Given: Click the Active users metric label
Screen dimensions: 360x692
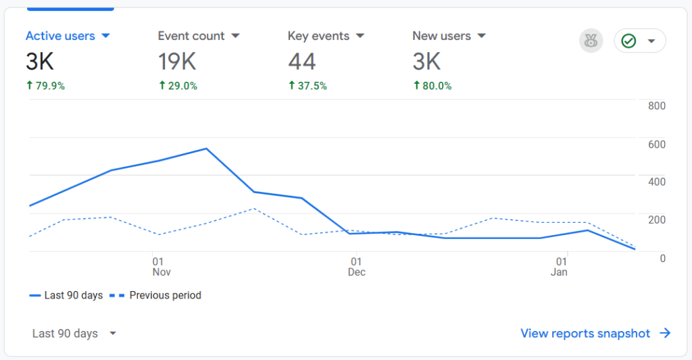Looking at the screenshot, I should (x=61, y=36).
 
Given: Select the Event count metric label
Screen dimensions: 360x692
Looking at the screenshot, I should (x=191, y=36).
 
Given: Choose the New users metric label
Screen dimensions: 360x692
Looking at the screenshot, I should (x=442, y=36).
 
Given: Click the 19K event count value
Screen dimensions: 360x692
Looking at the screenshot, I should (x=177, y=62).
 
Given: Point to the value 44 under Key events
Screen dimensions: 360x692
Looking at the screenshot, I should (x=302, y=62).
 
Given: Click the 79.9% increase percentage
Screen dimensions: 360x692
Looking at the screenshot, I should (x=46, y=86).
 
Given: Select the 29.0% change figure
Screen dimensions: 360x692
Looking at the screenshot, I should (x=178, y=86).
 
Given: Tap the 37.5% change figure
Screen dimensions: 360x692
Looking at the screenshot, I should (x=307, y=86).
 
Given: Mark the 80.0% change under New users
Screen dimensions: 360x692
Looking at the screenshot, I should (x=432, y=86).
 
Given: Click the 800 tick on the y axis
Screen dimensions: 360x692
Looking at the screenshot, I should (x=657, y=106).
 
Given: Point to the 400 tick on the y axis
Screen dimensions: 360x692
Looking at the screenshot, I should (x=657, y=182).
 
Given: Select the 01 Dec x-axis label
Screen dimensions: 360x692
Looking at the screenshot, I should (x=357, y=267).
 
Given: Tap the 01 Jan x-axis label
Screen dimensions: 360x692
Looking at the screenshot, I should (x=560, y=267).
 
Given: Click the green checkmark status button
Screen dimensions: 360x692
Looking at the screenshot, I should (x=639, y=41).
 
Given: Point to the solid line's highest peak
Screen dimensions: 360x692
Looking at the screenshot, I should (x=206, y=149).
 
